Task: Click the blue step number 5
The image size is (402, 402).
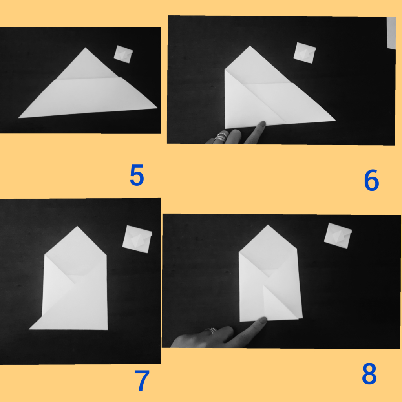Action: coord(137,175)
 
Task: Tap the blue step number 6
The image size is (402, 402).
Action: coord(371,180)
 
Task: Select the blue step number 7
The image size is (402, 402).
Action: coord(142,381)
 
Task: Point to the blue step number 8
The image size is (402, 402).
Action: coord(369,374)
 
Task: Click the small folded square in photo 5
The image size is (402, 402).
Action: coord(123,54)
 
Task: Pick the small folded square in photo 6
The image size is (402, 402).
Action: coord(305,53)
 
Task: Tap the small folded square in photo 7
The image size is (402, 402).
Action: coord(137,239)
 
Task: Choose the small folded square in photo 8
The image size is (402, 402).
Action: coord(338,236)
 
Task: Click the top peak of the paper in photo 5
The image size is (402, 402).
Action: coord(86,48)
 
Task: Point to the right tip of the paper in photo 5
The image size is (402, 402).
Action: coord(157,108)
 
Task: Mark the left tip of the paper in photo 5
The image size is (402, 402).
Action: coord(18,118)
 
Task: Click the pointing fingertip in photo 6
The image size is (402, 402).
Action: coord(263,124)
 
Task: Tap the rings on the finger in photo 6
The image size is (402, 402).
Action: coord(221,136)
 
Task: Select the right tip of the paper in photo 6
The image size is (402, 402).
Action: coord(335,120)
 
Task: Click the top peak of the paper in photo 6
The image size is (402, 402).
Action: coord(250,46)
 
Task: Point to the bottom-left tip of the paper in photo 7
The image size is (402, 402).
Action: coord(29,329)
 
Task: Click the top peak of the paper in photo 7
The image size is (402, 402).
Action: coord(77,227)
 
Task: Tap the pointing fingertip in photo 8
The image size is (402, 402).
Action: coord(264,320)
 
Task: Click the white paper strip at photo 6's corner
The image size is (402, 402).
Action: coord(391,33)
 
